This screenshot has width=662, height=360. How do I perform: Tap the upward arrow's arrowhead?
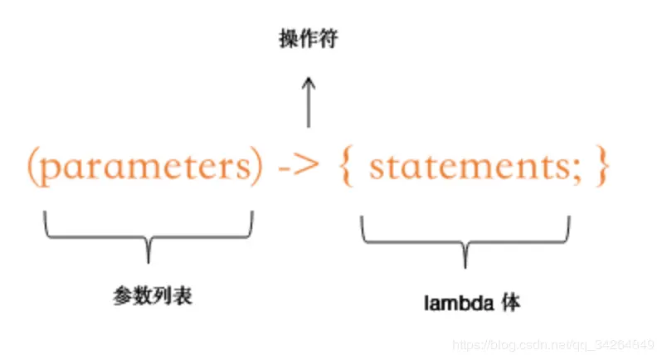tap(309, 81)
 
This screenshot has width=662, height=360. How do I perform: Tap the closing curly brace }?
tap(601, 168)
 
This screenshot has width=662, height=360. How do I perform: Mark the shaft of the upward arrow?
tap(309, 106)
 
